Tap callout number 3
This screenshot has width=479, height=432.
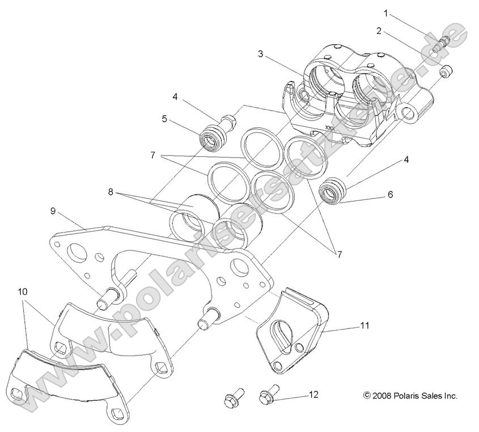point(260,54)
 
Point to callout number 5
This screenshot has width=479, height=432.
point(165,119)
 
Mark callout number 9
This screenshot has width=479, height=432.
point(53,211)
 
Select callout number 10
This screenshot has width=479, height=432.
point(22,292)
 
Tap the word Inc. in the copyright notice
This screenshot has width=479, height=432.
point(450,396)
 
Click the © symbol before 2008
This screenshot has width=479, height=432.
point(367,396)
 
